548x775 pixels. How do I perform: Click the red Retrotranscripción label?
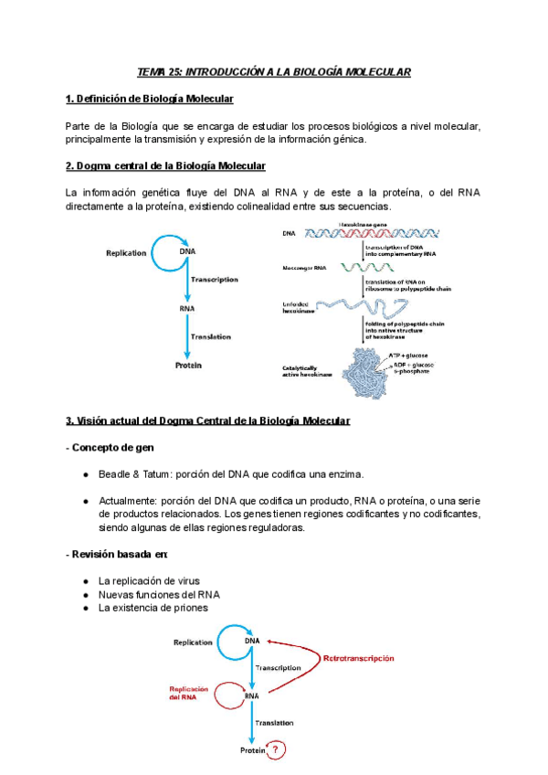(x=351, y=658)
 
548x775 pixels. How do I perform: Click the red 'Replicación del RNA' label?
(x=188, y=694)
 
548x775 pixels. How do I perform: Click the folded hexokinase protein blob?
(x=362, y=369)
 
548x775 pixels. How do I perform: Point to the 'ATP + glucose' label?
(x=409, y=354)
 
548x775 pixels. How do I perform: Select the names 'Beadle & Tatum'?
(x=133, y=474)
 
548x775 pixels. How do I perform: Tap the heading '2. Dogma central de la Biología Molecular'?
(x=165, y=166)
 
